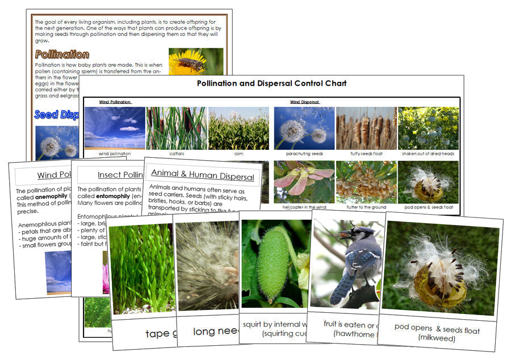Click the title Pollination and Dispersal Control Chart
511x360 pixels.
coord(271,83)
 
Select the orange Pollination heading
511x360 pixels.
coord(62,55)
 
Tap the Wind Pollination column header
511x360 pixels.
coord(115,102)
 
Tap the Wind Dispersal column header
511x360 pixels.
coord(304,102)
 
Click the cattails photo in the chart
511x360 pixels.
coord(176,128)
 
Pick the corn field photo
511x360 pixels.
coord(238,128)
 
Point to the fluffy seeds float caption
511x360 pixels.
coord(366,154)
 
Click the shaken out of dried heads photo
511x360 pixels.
coord(428,128)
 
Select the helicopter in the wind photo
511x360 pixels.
coord(303,181)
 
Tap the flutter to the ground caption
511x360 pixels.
coord(366,208)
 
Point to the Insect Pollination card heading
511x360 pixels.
coord(119,175)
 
